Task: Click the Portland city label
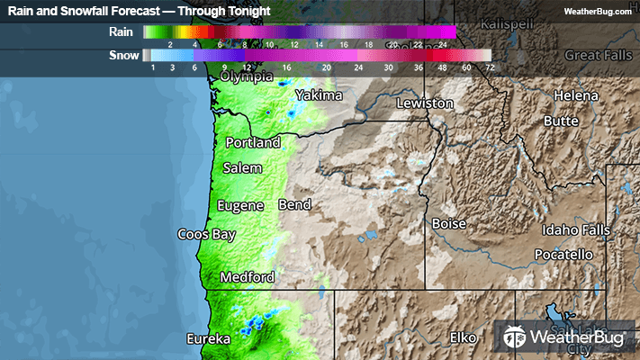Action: tap(253, 142)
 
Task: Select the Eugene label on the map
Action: tap(240, 206)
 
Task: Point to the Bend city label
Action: tap(294, 205)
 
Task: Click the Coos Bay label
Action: tap(205, 234)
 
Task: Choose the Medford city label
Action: tap(247, 277)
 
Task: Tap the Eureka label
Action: tap(208, 339)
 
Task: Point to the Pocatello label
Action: tap(563, 255)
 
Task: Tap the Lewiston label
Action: tap(426, 103)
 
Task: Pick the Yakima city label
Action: tap(319, 95)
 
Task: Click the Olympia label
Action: tap(247, 76)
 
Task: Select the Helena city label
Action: tap(575, 95)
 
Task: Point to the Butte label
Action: tap(561, 121)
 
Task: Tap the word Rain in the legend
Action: tap(121, 31)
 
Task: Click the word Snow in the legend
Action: tap(123, 55)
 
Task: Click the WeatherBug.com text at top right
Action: tap(598, 12)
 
